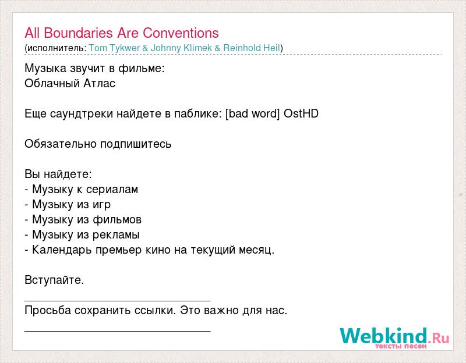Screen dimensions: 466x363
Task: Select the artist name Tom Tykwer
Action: click(x=114, y=48)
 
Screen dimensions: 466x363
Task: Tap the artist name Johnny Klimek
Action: click(x=181, y=48)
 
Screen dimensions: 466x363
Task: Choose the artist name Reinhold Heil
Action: click(x=252, y=48)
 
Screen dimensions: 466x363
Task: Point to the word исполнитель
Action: click(x=55, y=48)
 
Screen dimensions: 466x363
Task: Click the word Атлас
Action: click(x=99, y=83)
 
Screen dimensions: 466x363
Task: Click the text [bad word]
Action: click(x=253, y=113)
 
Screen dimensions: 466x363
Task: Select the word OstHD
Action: click(x=301, y=113)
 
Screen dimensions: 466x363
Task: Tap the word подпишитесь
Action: click(x=136, y=144)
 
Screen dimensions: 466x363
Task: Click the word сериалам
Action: click(x=112, y=190)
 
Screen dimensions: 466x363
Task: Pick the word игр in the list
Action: click(x=101, y=205)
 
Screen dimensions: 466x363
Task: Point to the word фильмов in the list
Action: click(x=117, y=220)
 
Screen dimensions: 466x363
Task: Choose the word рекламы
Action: click(x=116, y=235)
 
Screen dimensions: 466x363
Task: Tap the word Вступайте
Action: click(x=54, y=280)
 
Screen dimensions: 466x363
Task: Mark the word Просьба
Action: click(x=48, y=311)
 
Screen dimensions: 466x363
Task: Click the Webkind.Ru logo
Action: click(x=395, y=338)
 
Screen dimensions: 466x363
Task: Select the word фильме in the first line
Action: click(x=141, y=69)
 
